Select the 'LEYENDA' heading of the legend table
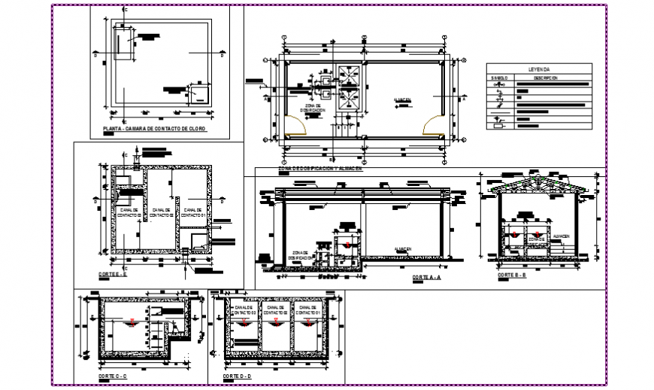pos(539,68)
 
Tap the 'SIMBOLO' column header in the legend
pos(501,78)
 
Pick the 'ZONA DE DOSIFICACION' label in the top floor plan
pos(312,110)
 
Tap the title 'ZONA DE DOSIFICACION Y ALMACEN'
pos(319,169)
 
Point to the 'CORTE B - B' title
pos(513,276)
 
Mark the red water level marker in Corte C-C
pos(132,323)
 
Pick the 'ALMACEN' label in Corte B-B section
pos(562,236)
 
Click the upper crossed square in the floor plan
pos(347,74)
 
